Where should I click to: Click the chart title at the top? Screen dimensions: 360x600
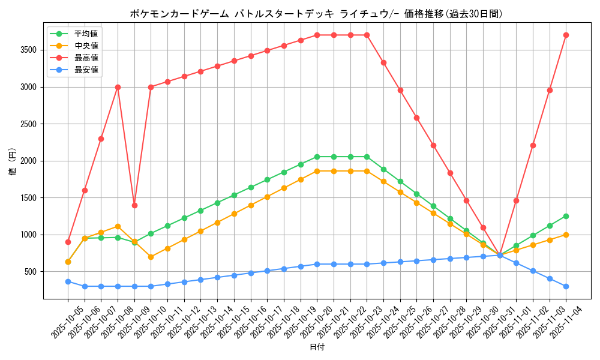point(316,13)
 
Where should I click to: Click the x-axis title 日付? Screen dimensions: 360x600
point(317,347)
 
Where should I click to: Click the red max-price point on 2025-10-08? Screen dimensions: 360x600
point(118,87)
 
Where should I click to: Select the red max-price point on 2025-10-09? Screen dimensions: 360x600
point(134,205)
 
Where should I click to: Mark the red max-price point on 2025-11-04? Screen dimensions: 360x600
point(566,35)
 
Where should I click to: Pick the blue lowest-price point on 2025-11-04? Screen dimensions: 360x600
point(566,286)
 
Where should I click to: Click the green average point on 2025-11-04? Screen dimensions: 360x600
point(566,216)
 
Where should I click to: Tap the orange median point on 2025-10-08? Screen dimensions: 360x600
point(118,226)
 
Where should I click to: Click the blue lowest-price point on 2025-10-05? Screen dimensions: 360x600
point(68,281)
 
